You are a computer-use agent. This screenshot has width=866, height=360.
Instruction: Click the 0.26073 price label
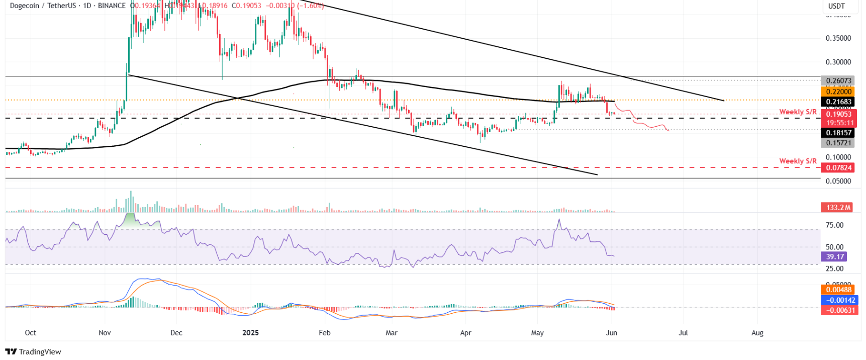pos(838,81)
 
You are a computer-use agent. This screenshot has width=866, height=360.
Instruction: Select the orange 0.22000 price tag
pos(838,92)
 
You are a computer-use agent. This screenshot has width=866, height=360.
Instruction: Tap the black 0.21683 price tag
pos(838,102)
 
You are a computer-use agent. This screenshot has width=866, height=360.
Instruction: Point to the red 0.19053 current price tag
pos(838,115)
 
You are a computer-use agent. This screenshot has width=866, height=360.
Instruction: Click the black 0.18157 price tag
pos(838,133)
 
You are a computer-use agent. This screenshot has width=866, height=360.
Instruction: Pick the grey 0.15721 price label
pos(838,143)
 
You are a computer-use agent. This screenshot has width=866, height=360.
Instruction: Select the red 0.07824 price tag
pos(838,168)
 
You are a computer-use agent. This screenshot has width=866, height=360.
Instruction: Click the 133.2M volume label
pos(838,207)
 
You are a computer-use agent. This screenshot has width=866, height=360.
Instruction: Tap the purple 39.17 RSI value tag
pos(834,257)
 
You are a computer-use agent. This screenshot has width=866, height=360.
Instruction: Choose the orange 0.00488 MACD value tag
pos(838,290)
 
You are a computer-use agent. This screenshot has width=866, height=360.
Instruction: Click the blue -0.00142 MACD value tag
pos(838,300)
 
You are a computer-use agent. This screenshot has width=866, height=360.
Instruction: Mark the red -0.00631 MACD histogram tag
pos(838,310)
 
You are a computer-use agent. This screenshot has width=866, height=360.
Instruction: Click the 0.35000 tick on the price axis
pos(838,38)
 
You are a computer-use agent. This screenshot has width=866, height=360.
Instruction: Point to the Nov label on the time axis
pos(105,333)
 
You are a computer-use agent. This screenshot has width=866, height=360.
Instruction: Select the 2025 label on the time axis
pos(250,333)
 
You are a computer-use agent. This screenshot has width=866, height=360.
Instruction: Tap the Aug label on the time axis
pos(757,333)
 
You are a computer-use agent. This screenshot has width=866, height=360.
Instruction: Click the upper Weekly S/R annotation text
pos(798,112)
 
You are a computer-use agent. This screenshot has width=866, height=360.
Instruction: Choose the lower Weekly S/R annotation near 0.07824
pos(798,161)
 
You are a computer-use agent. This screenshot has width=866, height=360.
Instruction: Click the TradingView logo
pos(33,351)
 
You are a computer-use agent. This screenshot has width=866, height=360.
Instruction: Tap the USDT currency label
pos(836,6)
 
